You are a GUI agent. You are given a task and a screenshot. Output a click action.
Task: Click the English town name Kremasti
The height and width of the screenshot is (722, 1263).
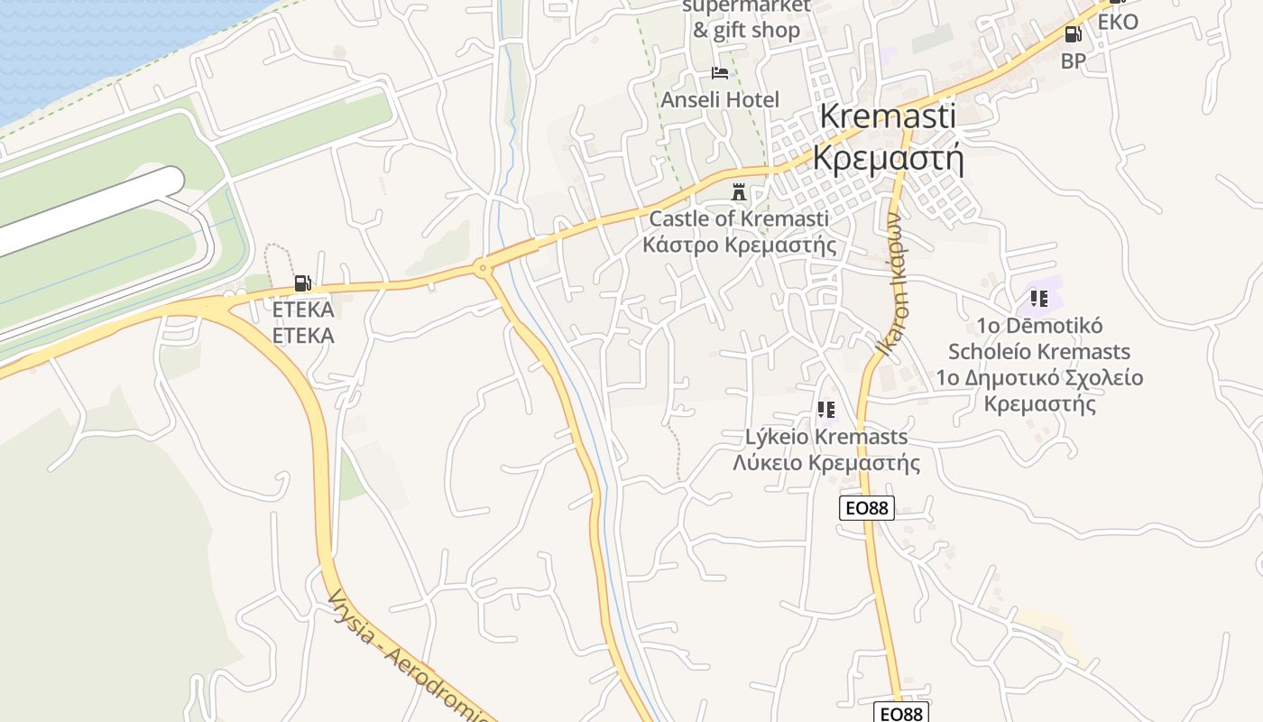888,117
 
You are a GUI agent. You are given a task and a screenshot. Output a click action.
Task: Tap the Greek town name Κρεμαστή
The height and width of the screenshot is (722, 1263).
888,157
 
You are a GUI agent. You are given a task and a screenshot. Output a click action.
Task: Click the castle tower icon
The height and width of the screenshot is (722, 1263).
739,192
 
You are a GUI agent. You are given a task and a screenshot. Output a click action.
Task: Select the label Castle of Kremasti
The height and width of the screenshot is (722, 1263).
739,218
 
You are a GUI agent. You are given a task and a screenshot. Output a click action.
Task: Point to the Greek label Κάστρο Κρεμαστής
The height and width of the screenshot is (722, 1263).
739,245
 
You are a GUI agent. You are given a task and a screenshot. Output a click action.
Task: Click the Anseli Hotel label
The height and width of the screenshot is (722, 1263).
719,99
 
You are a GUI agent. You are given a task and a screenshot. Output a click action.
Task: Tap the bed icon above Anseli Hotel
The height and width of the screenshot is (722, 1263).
719,72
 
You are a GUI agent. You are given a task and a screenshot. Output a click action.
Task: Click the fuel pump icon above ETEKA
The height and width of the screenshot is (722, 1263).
302,283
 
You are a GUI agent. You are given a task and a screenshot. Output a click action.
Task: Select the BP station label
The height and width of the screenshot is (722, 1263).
1073,60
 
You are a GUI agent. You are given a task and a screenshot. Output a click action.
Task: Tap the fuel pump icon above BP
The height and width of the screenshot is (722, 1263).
1073,34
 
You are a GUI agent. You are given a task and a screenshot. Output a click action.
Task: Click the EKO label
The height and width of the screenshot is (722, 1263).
1118,23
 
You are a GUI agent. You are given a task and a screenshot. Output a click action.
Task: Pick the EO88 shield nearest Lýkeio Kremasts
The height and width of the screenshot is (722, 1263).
866,508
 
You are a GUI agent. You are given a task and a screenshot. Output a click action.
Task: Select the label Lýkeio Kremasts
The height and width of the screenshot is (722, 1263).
826,437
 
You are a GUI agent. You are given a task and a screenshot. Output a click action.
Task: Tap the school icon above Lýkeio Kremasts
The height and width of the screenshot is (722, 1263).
826,411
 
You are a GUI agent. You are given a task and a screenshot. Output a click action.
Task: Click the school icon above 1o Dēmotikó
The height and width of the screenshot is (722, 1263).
1039,298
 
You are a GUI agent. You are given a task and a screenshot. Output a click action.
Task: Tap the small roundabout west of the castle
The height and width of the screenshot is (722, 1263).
483,267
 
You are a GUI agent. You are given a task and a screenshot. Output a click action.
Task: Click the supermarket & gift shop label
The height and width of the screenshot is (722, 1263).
746,18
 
